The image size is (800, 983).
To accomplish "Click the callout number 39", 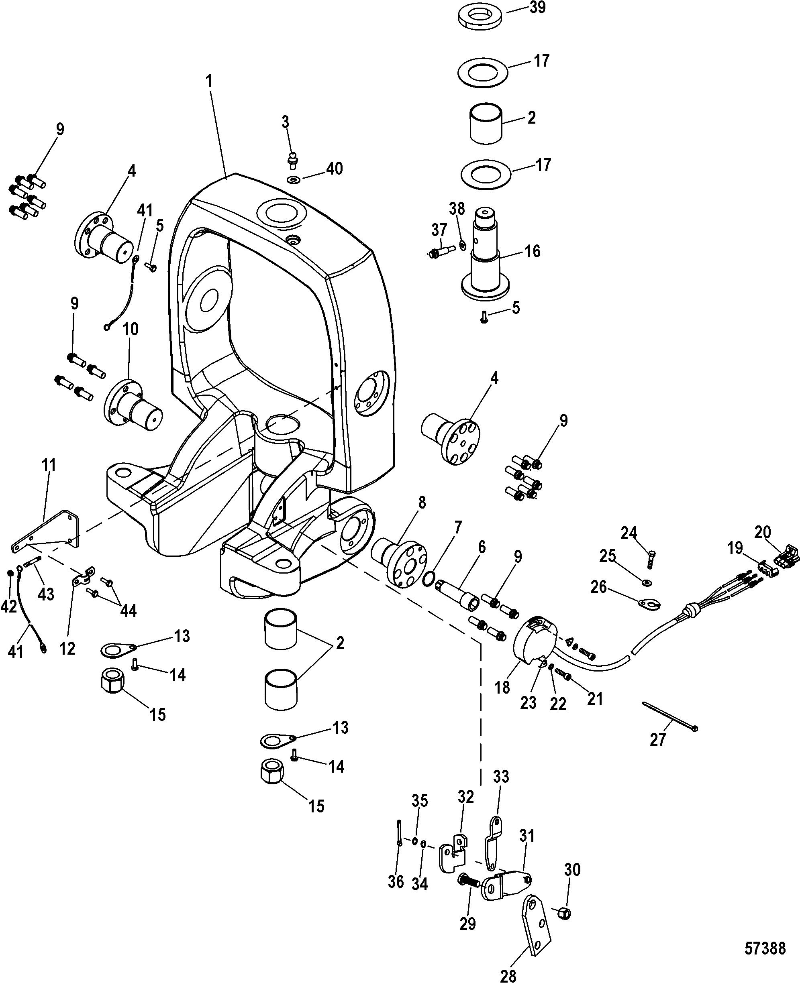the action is pos(537,8).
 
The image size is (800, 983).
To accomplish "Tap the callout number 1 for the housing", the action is pos(209,81).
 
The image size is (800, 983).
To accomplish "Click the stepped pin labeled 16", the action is pos(485,252).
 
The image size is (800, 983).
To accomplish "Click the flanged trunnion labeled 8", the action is pos(399,560).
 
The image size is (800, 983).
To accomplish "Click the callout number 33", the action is pos(501,777).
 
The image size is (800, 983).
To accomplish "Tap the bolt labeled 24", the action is pos(651,560).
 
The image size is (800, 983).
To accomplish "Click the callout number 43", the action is pos(46,594).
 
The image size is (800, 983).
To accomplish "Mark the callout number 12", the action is pos(67,648).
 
